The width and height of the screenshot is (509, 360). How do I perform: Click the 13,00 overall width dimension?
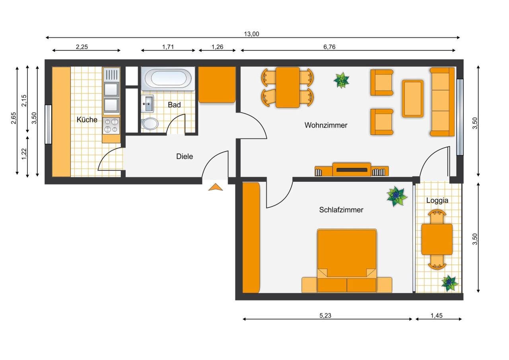[251, 34]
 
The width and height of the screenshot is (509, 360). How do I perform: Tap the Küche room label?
[87, 119]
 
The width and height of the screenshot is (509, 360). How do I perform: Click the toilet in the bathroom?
[150, 124]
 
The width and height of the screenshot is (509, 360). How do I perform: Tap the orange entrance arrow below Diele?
[216, 187]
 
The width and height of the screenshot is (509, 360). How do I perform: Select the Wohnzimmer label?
[326, 125]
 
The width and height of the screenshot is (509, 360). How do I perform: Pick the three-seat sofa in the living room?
[442, 102]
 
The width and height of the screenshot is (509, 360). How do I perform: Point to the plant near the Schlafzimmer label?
[396, 196]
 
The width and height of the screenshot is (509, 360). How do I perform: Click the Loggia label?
[437, 200]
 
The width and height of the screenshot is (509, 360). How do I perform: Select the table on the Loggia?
[437, 239]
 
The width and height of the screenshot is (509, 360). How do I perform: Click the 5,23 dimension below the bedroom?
[325, 315]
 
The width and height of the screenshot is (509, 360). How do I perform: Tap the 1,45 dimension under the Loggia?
[436, 315]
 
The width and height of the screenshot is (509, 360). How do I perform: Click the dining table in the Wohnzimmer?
[288, 87]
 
